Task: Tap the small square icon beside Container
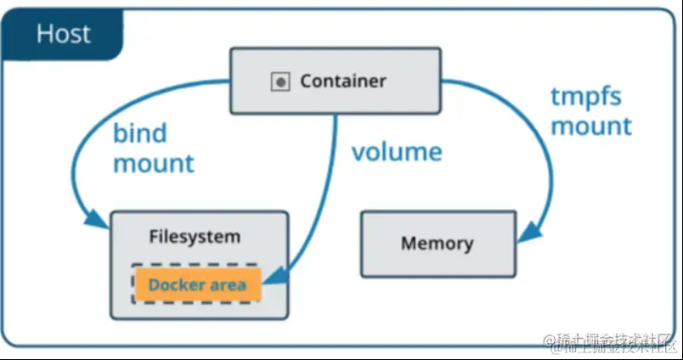(279, 82)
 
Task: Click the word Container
(342, 82)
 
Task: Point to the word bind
(139, 133)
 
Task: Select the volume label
(397, 152)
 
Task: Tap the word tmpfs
(585, 97)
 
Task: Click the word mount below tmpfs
(591, 127)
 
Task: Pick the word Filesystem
(195, 237)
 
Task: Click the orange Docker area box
(197, 284)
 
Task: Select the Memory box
(437, 244)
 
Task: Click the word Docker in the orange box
(175, 284)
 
